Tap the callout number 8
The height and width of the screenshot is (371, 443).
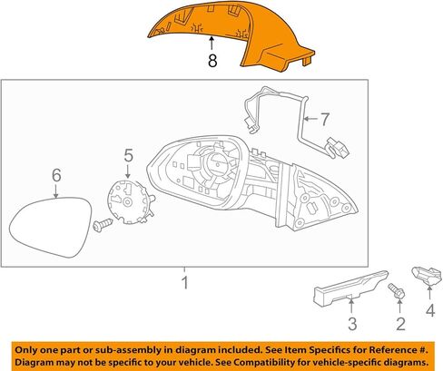[212, 61]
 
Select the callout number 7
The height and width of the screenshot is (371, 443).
[324, 119]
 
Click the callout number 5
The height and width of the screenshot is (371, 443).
[129, 156]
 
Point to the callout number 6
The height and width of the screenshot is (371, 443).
[56, 175]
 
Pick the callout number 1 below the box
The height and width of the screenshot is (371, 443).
[184, 283]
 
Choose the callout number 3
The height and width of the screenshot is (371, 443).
[352, 324]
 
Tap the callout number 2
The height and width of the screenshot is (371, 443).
[400, 324]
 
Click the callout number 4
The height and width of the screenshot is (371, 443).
[430, 310]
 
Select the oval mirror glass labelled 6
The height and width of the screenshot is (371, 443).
[50, 227]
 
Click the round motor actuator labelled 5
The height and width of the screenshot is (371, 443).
[131, 201]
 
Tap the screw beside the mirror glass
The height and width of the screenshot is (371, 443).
[103, 225]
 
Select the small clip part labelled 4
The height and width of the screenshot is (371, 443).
[428, 276]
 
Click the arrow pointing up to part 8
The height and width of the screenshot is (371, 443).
[212, 43]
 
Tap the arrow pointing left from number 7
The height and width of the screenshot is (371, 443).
[310, 119]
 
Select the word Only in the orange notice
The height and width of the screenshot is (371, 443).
[24, 350]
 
